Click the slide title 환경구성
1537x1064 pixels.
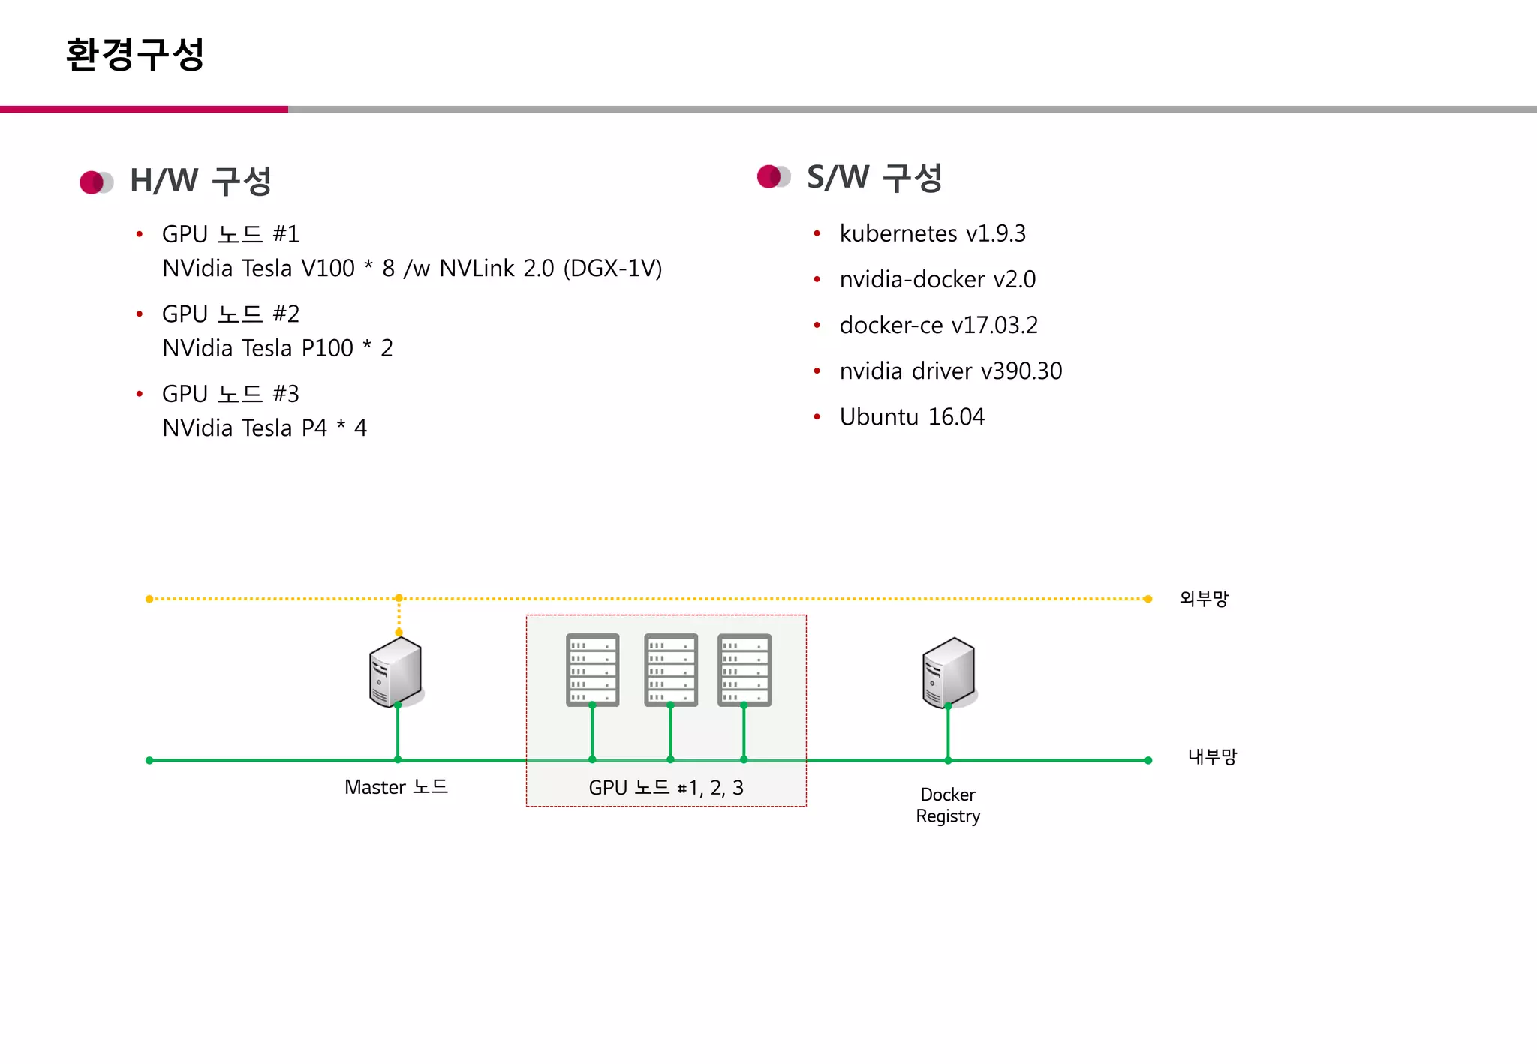click(135, 54)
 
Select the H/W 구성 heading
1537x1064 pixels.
click(200, 181)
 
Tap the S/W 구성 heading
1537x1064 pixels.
click(874, 178)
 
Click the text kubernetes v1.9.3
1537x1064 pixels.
click(932, 233)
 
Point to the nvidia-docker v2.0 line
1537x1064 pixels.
click(937, 279)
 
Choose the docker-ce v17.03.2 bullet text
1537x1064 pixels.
click(938, 325)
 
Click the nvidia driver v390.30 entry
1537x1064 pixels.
click(950, 371)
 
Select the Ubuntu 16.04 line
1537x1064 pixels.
click(911, 416)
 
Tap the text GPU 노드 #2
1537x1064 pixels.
click(230, 314)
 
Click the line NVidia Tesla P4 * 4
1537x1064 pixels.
click(264, 428)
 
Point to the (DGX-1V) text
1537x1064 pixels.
click(612, 268)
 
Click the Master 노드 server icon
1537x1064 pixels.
click(396, 672)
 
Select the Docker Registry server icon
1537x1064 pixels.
click(949, 672)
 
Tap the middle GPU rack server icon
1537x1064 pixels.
click(670, 669)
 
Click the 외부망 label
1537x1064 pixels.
click(1203, 598)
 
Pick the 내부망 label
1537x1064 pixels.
click(1211, 756)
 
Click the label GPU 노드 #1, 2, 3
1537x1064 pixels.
click(666, 787)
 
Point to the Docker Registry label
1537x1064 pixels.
click(948, 805)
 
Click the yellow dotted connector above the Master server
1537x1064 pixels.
click(399, 615)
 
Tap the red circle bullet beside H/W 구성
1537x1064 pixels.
click(92, 182)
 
